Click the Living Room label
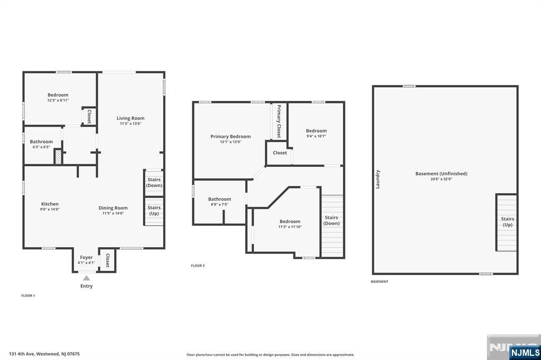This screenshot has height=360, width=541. coord(130,118)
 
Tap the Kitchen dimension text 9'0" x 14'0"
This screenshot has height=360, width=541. coord(50,210)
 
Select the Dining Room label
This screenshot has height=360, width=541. coord(113,208)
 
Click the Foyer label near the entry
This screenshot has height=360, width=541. coord(86,257)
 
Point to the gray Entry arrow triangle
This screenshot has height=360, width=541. coord(86,278)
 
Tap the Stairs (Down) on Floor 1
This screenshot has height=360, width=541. coord(154,183)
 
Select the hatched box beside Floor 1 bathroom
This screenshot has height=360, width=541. coord(58,157)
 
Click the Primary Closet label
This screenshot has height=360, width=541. coord(279,121)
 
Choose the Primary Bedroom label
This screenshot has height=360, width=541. coord(230,137)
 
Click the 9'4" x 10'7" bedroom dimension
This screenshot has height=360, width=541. coord(316,136)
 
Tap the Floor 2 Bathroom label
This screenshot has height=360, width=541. coord(219,199)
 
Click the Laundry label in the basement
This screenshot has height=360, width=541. coord(377,179)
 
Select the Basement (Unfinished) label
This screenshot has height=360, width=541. coord(441,174)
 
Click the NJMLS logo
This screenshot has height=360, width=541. coord(525,352)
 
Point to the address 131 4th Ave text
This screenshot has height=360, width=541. coord(22,354)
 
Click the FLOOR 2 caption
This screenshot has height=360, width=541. coord(198,266)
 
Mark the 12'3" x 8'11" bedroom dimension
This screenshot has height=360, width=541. coord(58,100)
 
